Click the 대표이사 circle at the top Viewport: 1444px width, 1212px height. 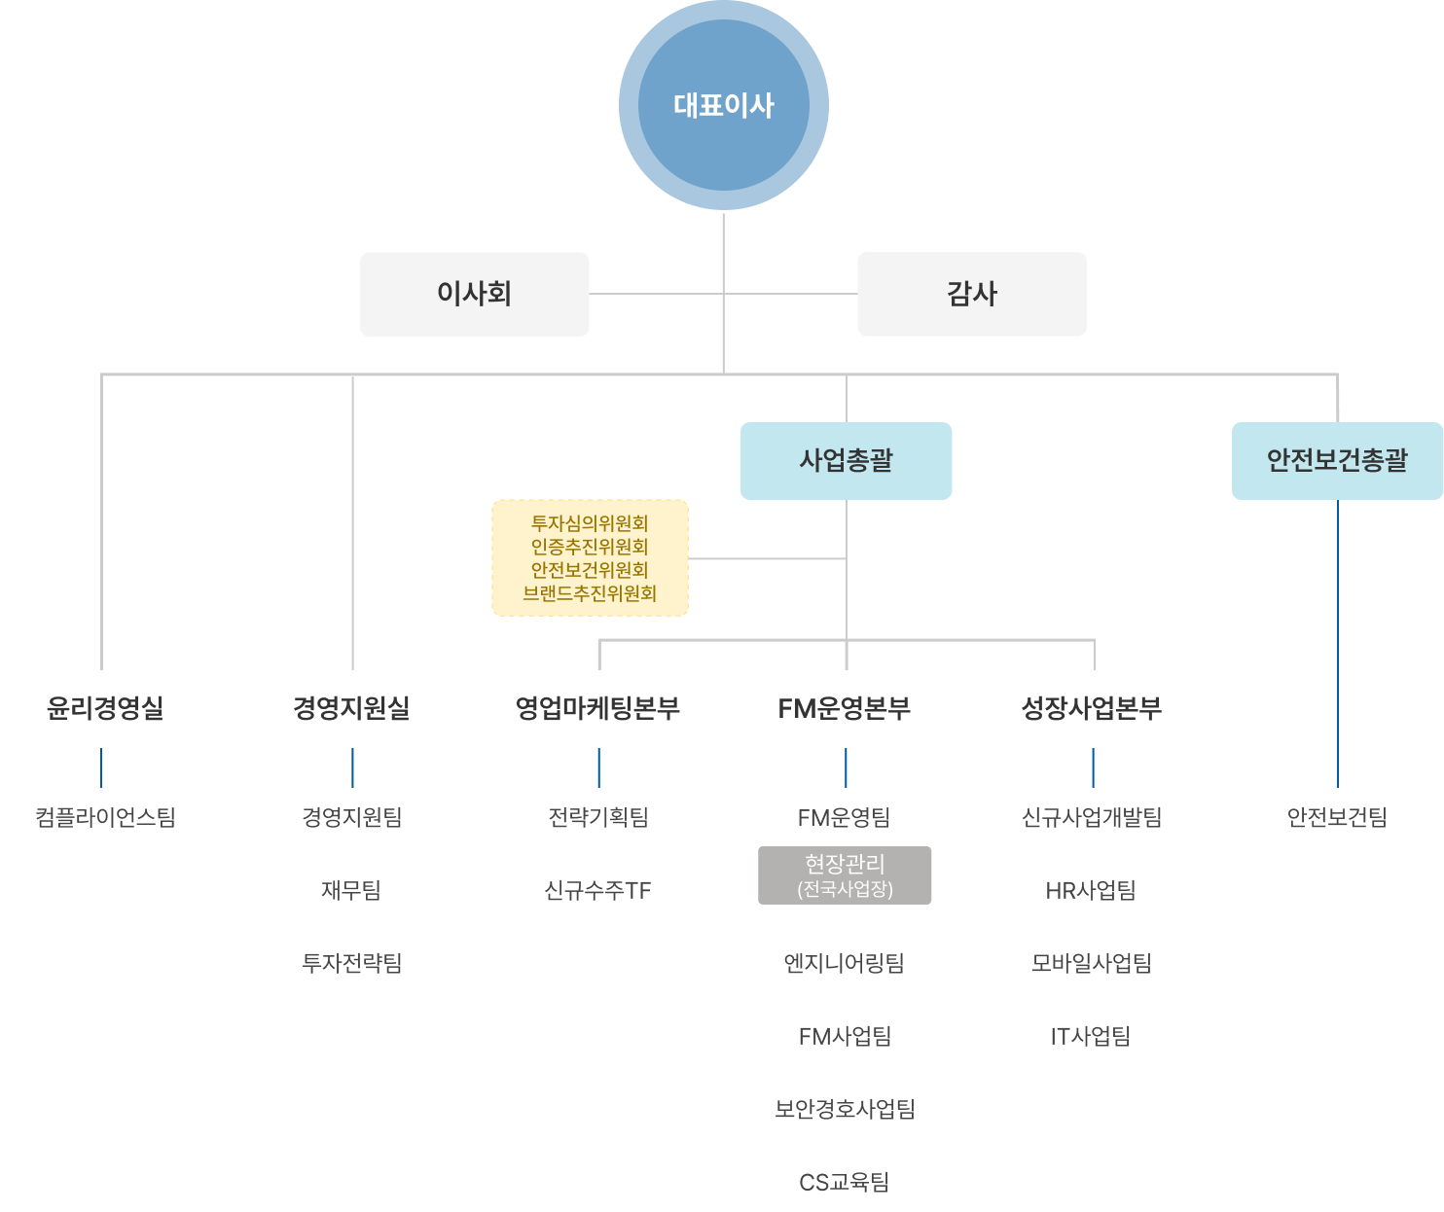pyautogui.click(x=723, y=105)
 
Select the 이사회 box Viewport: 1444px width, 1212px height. pyautogui.click(x=474, y=294)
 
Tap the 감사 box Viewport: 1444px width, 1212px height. pyautogui.click(x=971, y=294)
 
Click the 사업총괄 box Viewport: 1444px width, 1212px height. pyautogui.click(x=846, y=460)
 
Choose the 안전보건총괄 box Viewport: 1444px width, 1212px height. pyautogui.click(x=1336, y=460)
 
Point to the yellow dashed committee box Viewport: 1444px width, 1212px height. pyautogui.click(x=590, y=557)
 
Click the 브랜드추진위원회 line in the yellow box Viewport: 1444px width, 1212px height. pyautogui.click(x=590, y=592)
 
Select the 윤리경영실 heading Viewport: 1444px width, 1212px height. pyautogui.click(x=105, y=707)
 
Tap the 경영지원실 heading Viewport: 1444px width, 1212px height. pyautogui.click(x=351, y=707)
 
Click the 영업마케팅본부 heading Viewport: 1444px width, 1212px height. pyautogui.click(x=597, y=707)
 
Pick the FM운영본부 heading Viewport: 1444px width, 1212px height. pyautogui.click(x=844, y=707)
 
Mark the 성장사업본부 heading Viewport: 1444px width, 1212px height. pyautogui.click(x=1091, y=707)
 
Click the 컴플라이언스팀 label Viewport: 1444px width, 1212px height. pyautogui.click(x=105, y=816)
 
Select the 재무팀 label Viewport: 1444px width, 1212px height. pyautogui.click(x=350, y=889)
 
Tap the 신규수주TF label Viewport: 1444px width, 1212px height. pyautogui.click(x=597, y=889)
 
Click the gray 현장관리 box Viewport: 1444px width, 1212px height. pyautogui.click(x=844, y=874)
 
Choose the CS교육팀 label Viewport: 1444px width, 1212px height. pyautogui.click(x=844, y=1182)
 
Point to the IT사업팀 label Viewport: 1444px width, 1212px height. pyautogui.click(x=1090, y=1036)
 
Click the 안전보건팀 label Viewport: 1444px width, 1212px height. pyautogui.click(x=1336, y=816)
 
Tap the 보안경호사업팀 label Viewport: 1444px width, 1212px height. pyautogui.click(x=844, y=1108)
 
